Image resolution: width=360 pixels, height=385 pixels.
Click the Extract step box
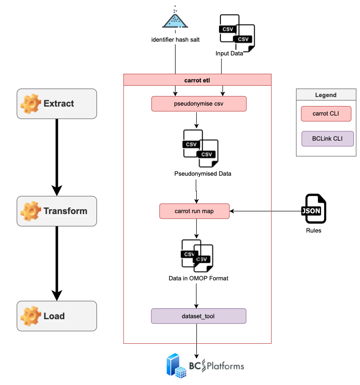57,104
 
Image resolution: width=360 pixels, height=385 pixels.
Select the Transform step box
57,211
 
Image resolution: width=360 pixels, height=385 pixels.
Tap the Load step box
57,316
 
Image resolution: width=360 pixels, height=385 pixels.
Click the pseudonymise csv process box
199,104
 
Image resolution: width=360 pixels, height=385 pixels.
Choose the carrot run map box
194,211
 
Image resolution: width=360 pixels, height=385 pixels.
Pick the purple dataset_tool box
199,316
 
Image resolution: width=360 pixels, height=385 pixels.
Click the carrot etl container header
197,80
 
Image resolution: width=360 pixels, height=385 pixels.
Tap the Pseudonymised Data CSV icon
201,148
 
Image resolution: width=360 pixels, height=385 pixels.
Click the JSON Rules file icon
313,209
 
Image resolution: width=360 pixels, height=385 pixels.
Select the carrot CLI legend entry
325,114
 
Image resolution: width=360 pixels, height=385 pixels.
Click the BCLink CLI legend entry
327,139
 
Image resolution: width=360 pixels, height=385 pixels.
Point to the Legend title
325,95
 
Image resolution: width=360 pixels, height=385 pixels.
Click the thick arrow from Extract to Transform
57,156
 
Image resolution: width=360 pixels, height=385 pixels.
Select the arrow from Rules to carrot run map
265,211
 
